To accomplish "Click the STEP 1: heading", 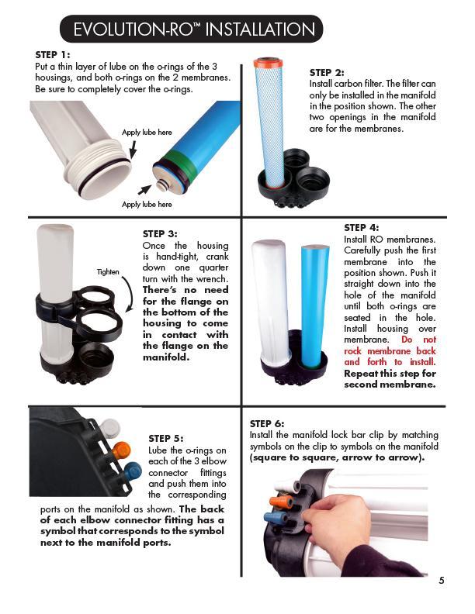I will click(53, 55).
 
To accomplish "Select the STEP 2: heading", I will click(327, 72).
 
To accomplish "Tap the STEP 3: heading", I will click(160, 233).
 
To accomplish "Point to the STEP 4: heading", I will click(361, 227).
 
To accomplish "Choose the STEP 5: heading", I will click(165, 438).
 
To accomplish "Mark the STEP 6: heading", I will click(267, 423).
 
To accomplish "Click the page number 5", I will click(441, 580).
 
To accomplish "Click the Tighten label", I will click(108, 272).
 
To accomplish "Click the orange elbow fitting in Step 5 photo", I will click(121, 450).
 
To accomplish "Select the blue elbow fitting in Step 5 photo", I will click(132, 471).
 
